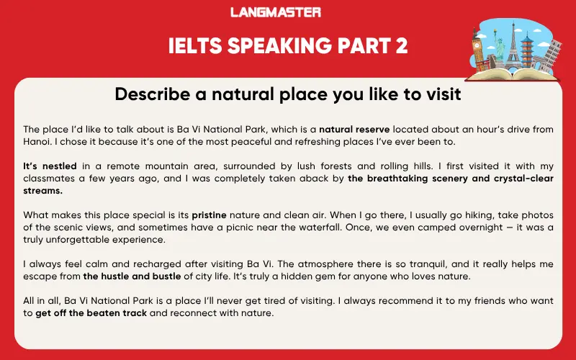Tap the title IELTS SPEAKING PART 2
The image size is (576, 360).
coord(288,46)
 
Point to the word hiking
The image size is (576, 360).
coord(443,215)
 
